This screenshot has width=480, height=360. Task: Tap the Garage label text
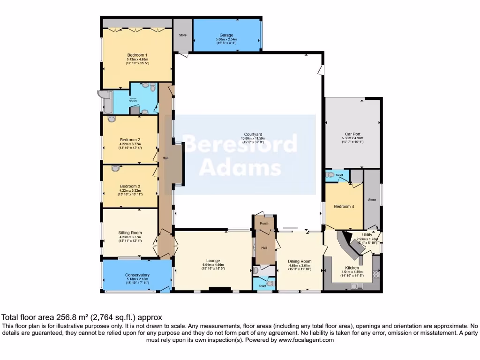226,35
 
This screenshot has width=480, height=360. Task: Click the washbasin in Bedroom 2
111,119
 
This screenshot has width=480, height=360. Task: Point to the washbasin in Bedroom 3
115,168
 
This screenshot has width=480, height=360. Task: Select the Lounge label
213,261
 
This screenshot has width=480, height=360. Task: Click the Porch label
264,223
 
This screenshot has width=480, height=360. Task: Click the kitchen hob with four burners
376,274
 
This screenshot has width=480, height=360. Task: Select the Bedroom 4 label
344,206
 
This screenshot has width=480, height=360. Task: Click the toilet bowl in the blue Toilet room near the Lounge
269,283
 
